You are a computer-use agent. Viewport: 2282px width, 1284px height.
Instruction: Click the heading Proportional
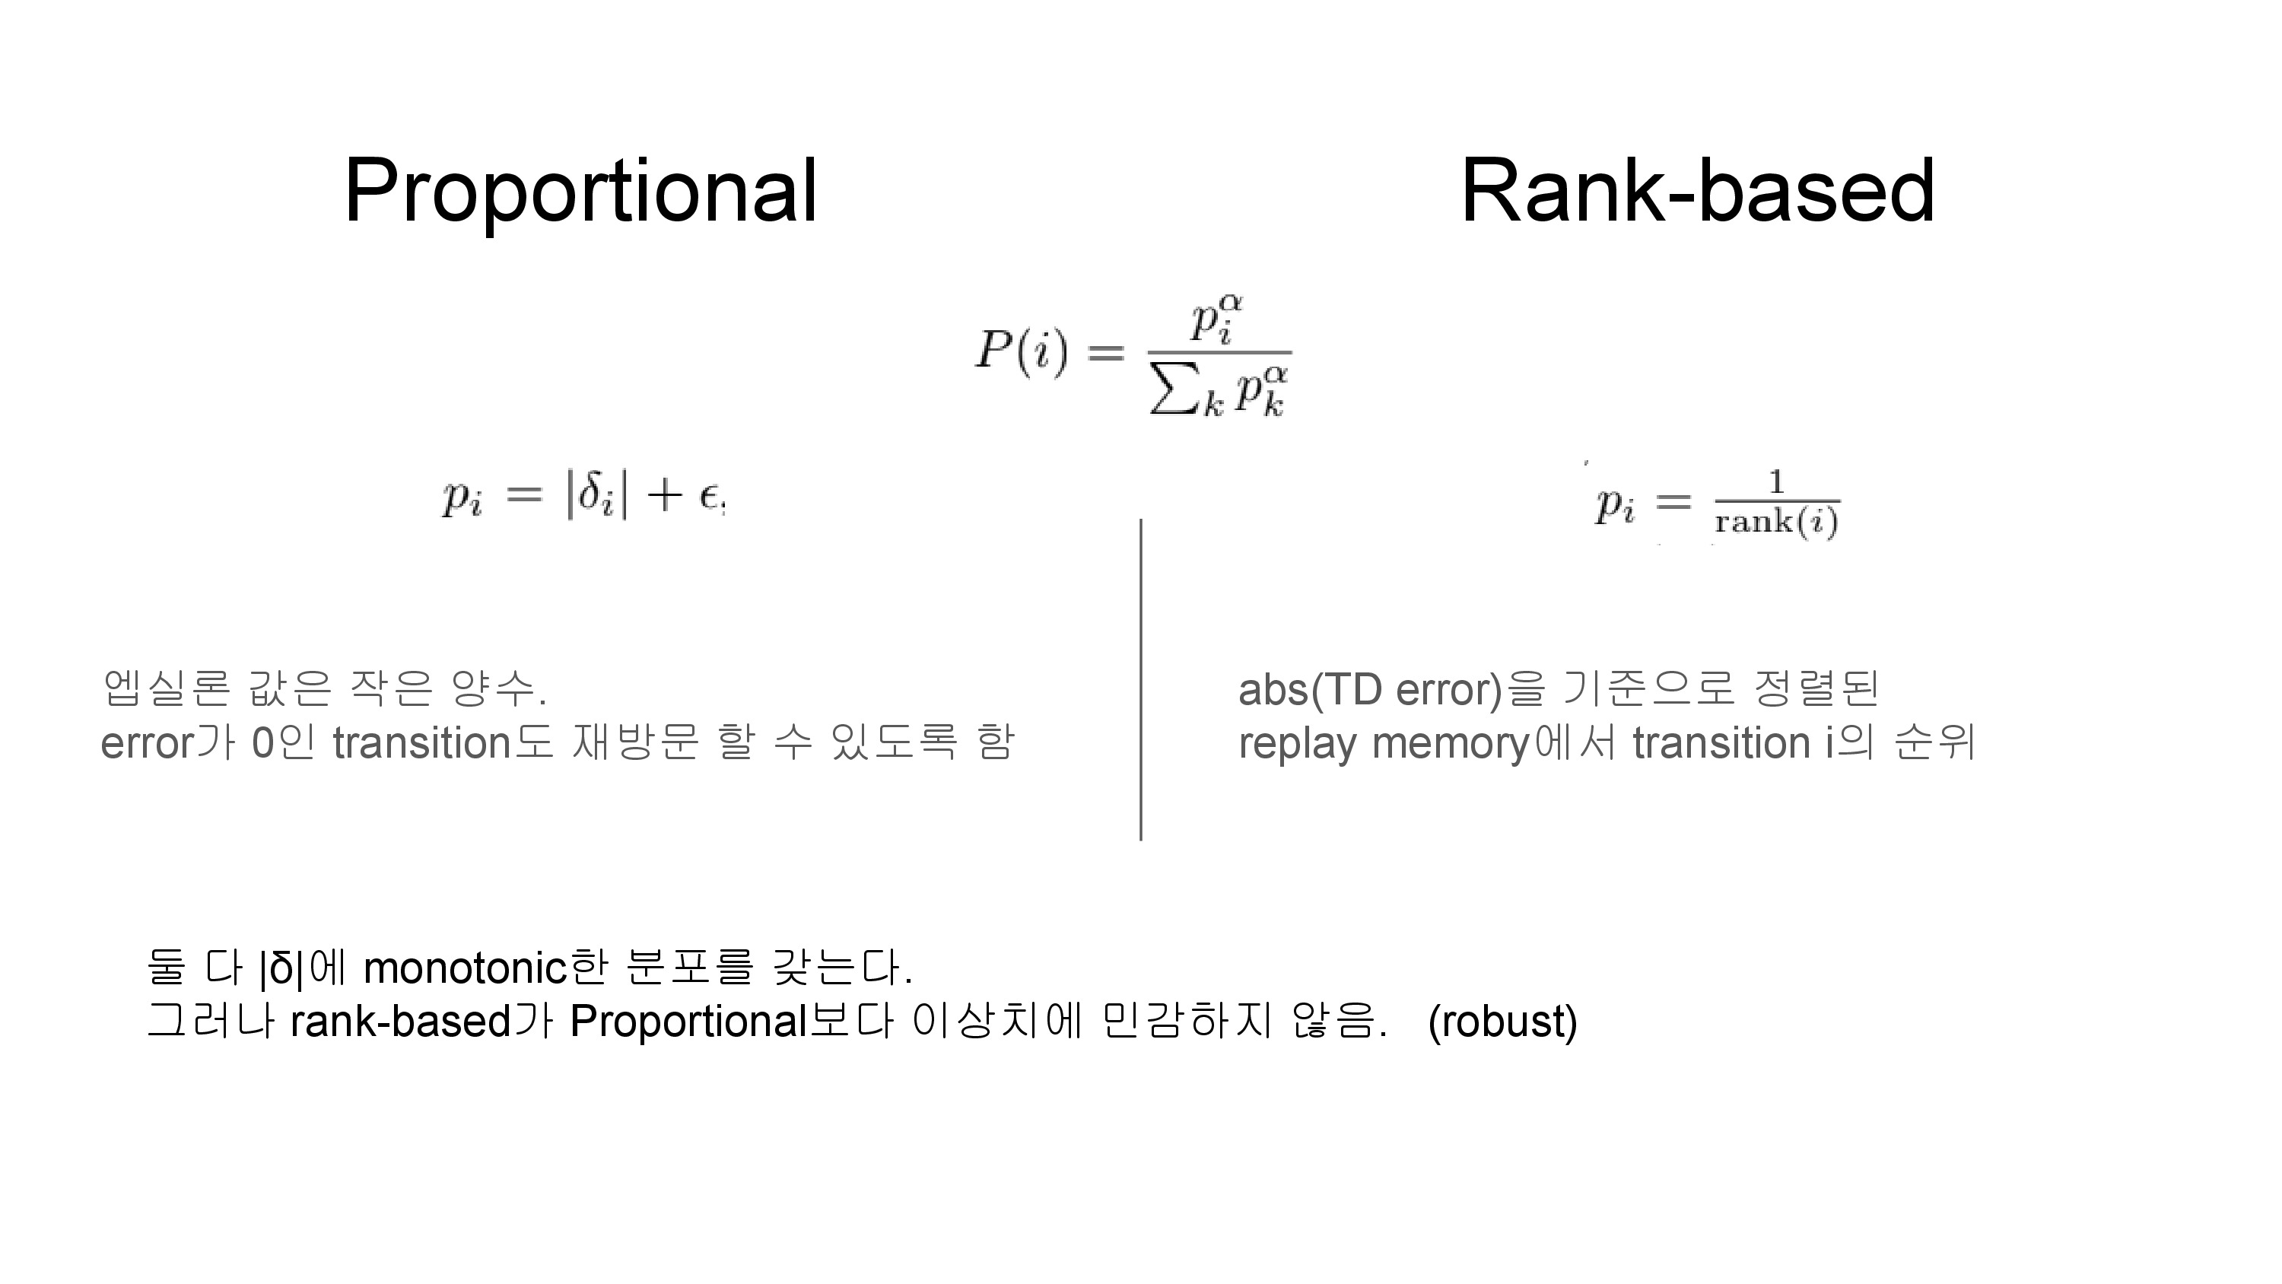(x=580, y=190)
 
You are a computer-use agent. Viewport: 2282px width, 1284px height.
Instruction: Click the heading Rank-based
(x=1696, y=190)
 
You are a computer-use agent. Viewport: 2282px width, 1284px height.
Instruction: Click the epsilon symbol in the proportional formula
(x=709, y=497)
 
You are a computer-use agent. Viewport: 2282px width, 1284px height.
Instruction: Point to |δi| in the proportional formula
(x=597, y=494)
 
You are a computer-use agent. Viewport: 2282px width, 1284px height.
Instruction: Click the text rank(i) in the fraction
(x=1776, y=522)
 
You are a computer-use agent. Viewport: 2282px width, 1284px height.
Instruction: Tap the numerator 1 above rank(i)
(x=1776, y=482)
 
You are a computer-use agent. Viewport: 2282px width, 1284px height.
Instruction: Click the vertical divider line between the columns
(x=1140, y=679)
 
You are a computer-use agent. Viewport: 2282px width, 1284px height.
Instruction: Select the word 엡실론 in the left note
(x=167, y=688)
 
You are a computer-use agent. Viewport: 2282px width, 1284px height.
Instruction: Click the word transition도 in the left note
(x=443, y=742)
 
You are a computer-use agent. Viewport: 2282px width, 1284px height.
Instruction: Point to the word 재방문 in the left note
(x=635, y=742)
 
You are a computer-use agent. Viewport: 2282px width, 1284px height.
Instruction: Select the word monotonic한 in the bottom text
(x=485, y=968)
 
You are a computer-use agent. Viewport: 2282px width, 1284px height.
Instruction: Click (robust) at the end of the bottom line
(x=1502, y=1022)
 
